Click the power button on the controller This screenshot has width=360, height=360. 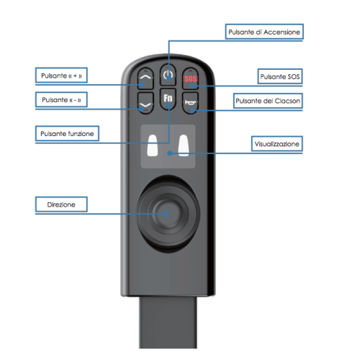pos(168,75)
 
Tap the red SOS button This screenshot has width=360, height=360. pos(190,78)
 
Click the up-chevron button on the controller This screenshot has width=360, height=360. pos(145,78)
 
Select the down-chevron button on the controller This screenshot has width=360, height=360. pos(145,103)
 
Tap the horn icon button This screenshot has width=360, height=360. pos(190,103)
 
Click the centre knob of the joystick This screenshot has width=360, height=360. pos(167,214)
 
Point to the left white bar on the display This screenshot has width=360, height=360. pos(152,145)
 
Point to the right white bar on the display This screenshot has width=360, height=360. pos(184,145)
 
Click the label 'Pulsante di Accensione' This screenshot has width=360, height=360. pos(264,32)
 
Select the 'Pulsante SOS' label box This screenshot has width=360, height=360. pos(280,76)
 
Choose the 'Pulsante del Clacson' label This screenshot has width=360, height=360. pos(268,101)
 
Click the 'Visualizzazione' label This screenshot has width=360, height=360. pos(276,144)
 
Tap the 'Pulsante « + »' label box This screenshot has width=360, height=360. pos(61,76)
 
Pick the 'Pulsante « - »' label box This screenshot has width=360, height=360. pos(61,99)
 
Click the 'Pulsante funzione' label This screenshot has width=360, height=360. pos(67,133)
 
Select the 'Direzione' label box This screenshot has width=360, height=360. pos(61,204)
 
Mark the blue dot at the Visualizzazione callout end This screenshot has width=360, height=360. pos(170,153)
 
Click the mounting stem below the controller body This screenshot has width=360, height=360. pos(168,323)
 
